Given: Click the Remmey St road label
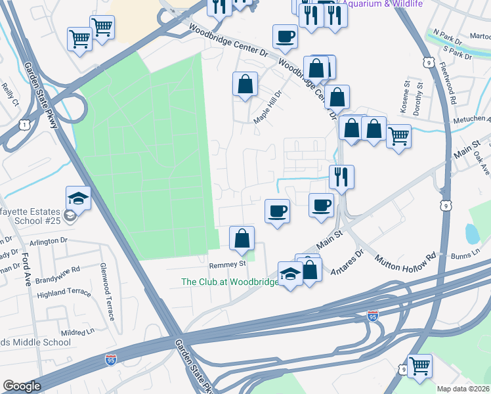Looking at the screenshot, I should pos(227,264).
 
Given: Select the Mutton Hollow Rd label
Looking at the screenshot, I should pos(407,257).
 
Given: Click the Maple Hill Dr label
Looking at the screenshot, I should pos(267,107).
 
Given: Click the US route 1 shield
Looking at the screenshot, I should pos(24,124).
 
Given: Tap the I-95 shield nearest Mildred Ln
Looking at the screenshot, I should pos(112,360).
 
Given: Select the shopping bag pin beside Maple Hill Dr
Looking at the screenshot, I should pos(245,83).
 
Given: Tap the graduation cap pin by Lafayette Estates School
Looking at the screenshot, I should pos(78,198).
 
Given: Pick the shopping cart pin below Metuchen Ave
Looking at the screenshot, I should pos(398,136).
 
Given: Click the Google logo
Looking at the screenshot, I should pos(22,386).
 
